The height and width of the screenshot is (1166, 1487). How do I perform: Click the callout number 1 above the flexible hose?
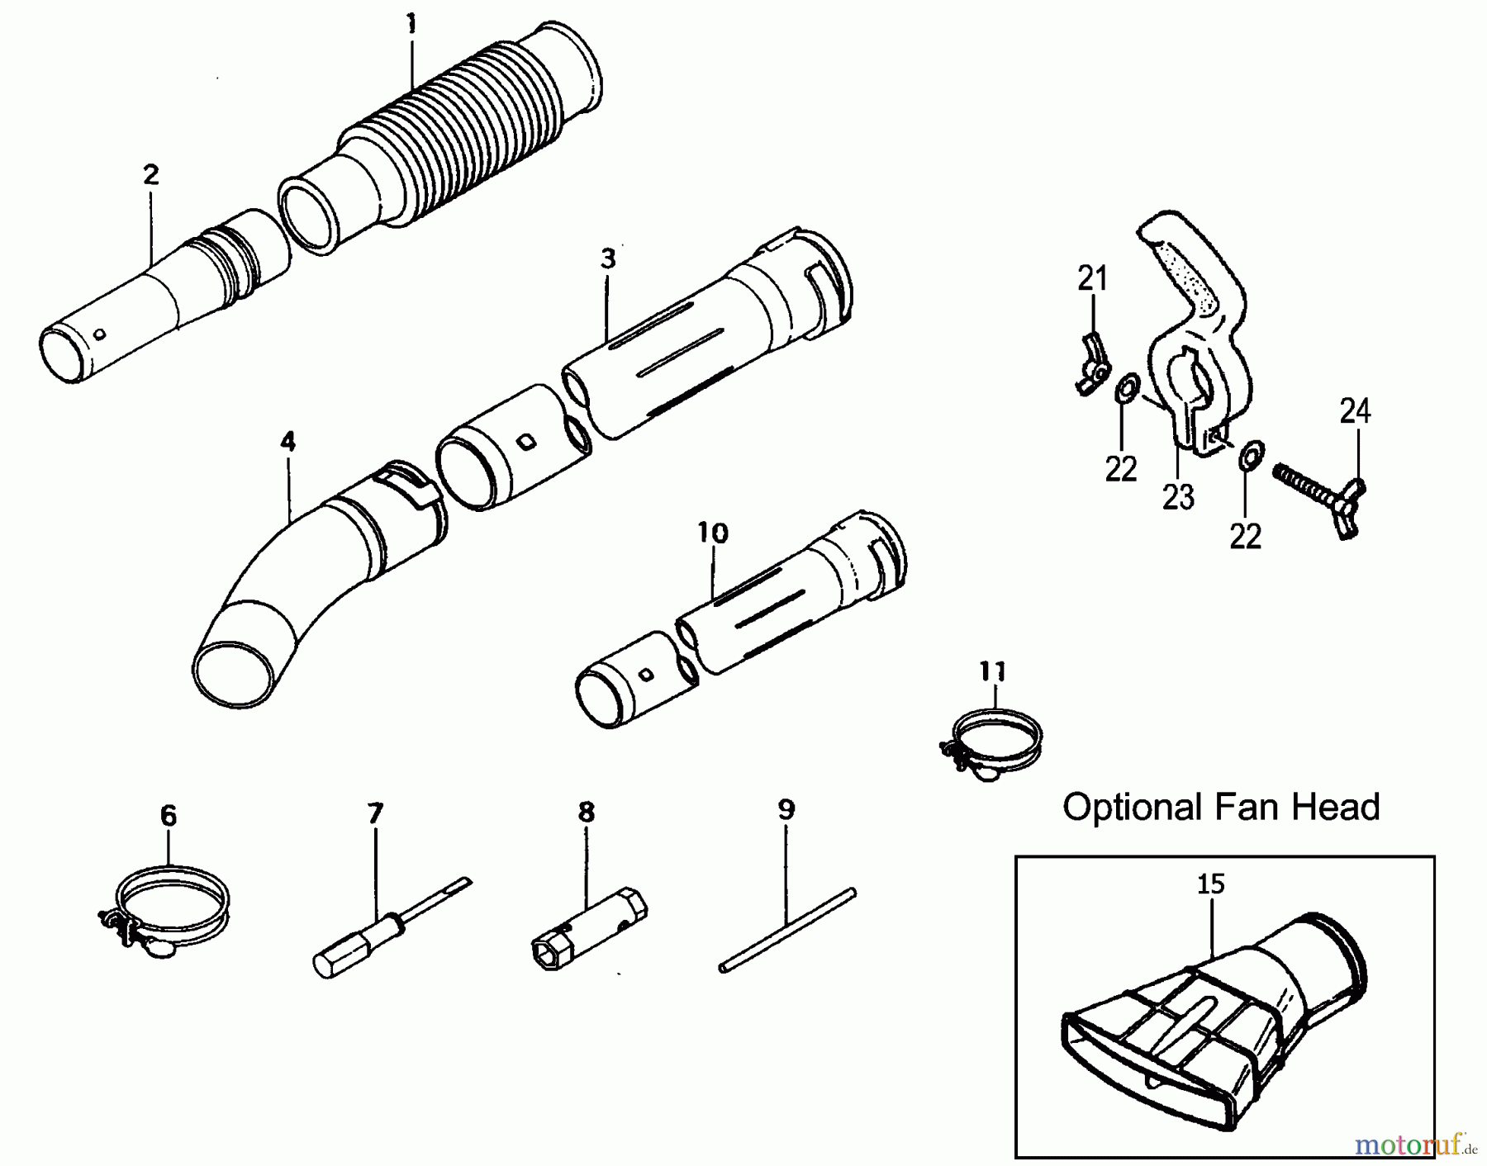(x=411, y=25)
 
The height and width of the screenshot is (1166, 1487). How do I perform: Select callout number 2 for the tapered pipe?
(x=150, y=175)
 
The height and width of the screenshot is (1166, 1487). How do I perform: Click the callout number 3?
(x=608, y=259)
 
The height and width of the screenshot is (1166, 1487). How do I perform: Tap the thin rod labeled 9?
(x=786, y=929)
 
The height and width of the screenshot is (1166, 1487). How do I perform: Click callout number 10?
(x=713, y=533)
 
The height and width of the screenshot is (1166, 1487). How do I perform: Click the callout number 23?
(x=1178, y=497)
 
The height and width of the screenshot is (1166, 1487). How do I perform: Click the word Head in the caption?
(x=1338, y=807)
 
